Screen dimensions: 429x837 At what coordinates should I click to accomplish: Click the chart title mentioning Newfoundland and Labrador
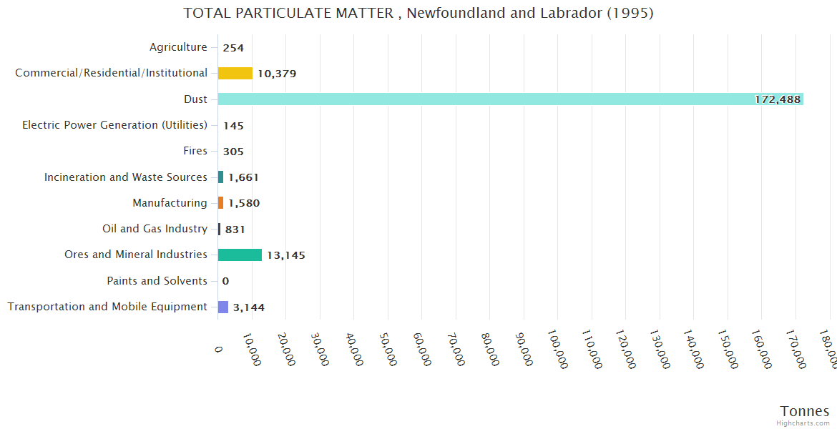point(418,13)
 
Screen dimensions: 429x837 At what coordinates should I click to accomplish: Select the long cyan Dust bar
point(510,99)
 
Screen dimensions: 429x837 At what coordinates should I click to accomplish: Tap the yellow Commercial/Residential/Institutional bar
point(235,73)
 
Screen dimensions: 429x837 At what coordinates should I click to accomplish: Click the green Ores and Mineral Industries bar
point(240,255)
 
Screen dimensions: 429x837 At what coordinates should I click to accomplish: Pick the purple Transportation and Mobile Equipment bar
point(223,307)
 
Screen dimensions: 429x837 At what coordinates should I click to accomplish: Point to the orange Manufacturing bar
point(221,203)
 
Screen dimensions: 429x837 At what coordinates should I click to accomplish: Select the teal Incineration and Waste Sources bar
point(221,177)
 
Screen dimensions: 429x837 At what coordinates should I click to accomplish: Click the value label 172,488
point(777,99)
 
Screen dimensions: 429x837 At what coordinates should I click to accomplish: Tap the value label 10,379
point(277,74)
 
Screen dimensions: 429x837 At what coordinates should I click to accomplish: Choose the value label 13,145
point(286,255)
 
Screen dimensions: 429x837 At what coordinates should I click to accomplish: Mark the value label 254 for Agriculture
point(233,48)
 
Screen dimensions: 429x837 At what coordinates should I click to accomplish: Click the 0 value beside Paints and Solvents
point(225,281)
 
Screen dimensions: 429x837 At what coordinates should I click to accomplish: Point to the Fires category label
point(195,151)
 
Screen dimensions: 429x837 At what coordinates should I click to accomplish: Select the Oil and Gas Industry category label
point(155,229)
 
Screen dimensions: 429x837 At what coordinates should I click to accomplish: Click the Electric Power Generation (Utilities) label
point(114,125)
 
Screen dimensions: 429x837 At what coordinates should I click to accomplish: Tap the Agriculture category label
point(178,47)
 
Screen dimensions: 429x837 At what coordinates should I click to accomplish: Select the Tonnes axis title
point(804,411)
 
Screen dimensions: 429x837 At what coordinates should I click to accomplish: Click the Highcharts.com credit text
point(803,423)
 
